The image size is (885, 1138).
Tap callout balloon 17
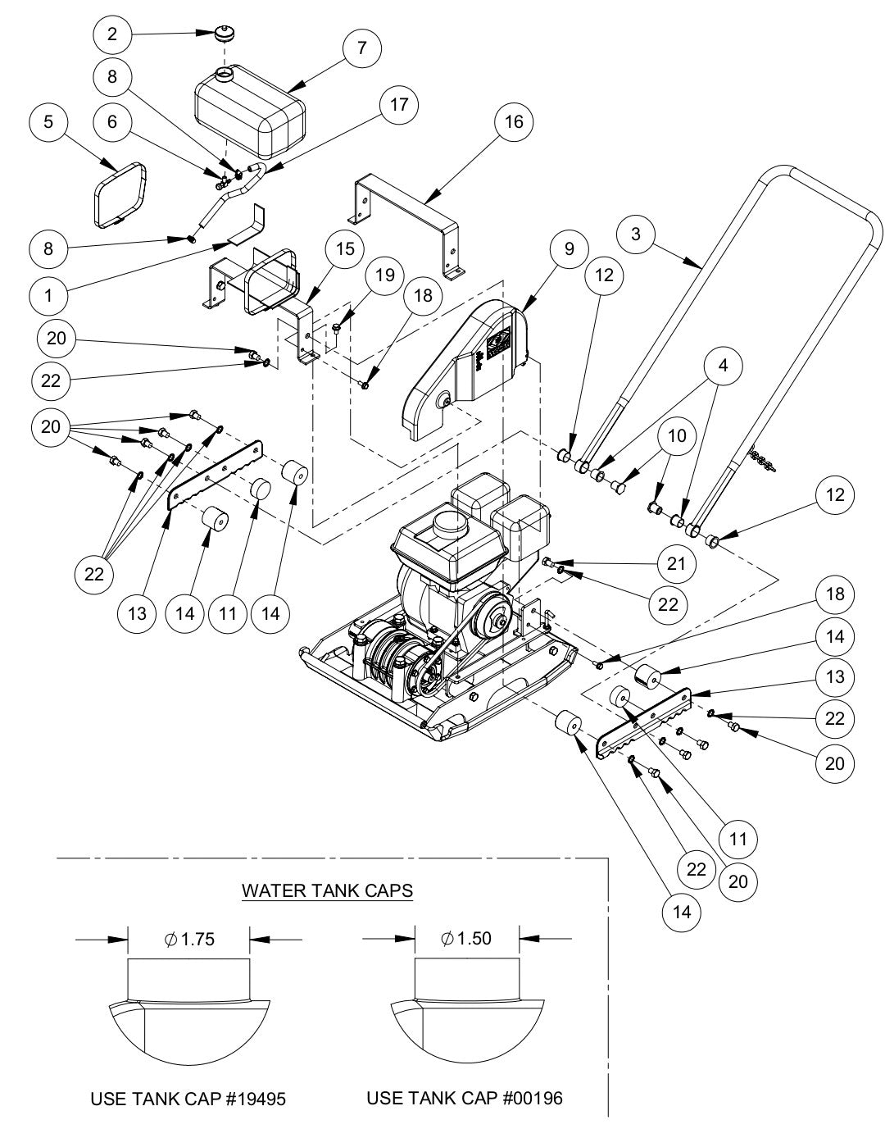coord(398,105)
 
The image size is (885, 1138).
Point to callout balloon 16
coord(513,121)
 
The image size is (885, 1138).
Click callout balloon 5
coord(49,122)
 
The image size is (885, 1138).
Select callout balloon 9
coord(570,248)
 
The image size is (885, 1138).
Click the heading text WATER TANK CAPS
coord(327,891)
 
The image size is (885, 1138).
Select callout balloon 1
coord(49,294)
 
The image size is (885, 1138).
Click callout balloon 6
coord(113,122)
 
